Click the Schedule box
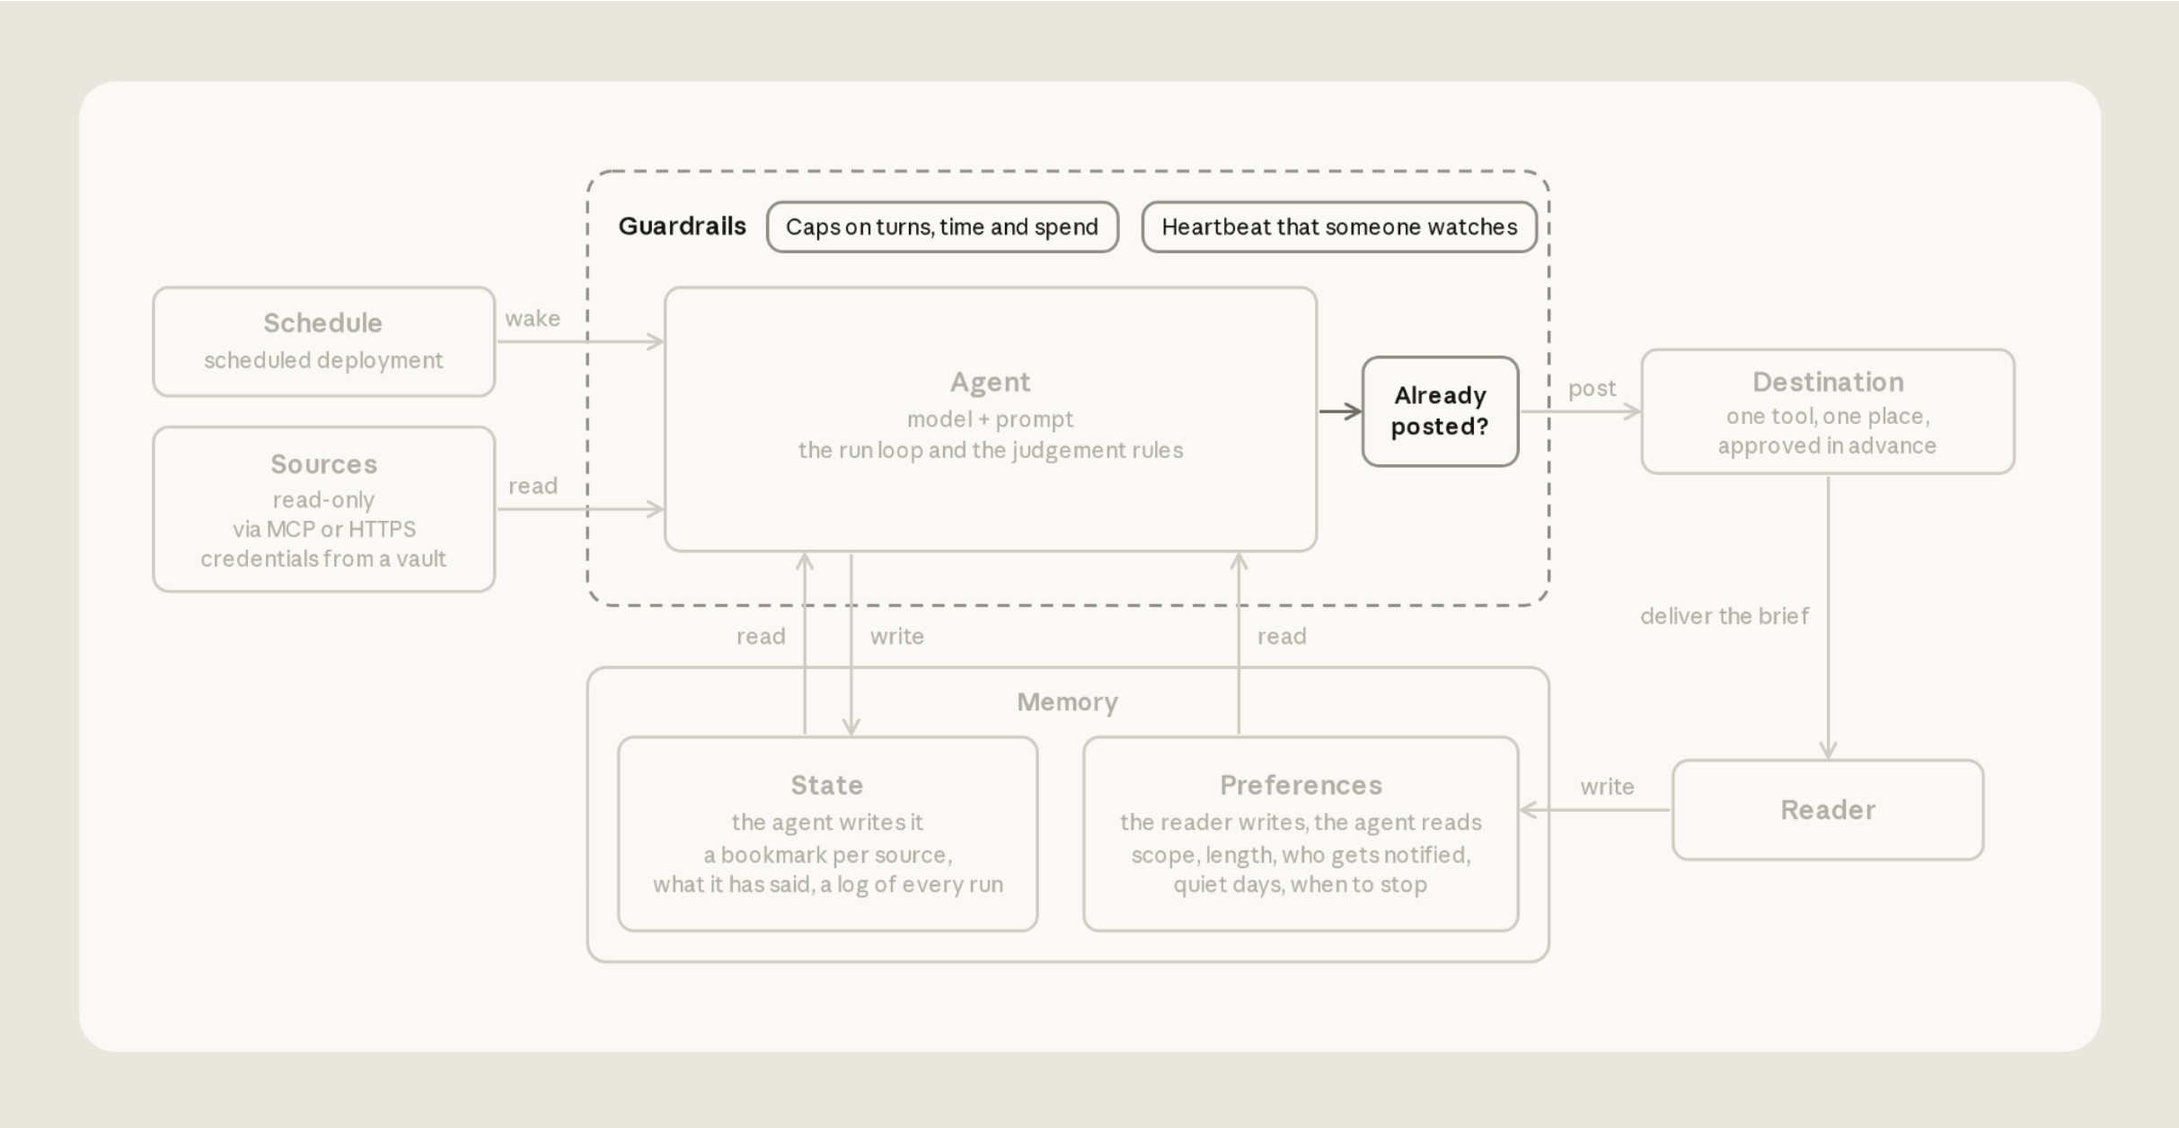point(323,341)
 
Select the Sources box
point(323,509)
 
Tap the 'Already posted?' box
point(1440,411)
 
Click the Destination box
point(1828,411)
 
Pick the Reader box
point(1828,810)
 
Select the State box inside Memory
point(827,834)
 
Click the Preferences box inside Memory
point(1301,834)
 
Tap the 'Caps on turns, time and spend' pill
point(942,227)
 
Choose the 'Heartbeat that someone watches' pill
point(1339,227)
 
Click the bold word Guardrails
point(682,226)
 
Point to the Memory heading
point(1067,702)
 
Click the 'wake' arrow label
point(533,319)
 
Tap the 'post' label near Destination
point(1592,389)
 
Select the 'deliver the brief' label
point(1725,616)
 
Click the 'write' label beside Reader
point(1607,787)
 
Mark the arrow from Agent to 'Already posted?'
point(1340,411)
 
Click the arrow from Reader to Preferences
point(1595,810)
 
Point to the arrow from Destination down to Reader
point(1828,618)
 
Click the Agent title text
point(991,383)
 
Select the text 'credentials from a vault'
point(323,559)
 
